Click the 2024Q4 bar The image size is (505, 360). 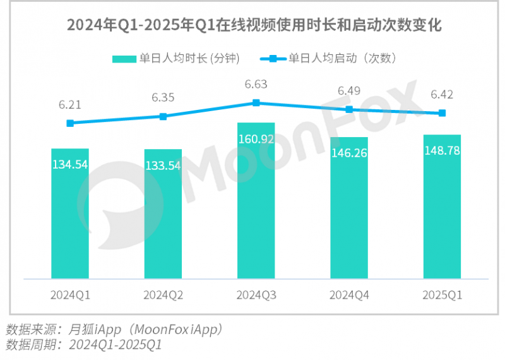pos(349,208)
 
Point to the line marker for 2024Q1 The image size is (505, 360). pos(70,123)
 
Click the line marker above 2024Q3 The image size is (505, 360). pos(256,102)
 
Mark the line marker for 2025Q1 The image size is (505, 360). pos(442,113)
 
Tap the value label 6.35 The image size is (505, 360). pos(163,97)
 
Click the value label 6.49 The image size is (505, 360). pos(349,91)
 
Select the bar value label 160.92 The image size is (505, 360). pos(256,139)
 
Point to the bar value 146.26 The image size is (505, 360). pos(349,152)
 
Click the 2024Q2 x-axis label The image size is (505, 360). pos(163,294)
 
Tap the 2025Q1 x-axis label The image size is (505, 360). pos(442,294)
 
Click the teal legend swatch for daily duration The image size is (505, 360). pos(125,59)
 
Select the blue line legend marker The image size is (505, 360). pos(273,59)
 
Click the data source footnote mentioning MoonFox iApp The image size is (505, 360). pos(114,329)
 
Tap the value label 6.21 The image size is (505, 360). pos(70,104)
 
